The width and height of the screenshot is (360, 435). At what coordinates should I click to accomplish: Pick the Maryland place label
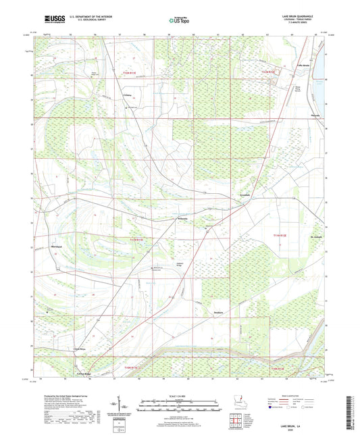pyautogui.click(x=62, y=247)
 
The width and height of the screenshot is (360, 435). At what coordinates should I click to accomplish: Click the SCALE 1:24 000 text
pyautogui.click(x=180, y=394)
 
